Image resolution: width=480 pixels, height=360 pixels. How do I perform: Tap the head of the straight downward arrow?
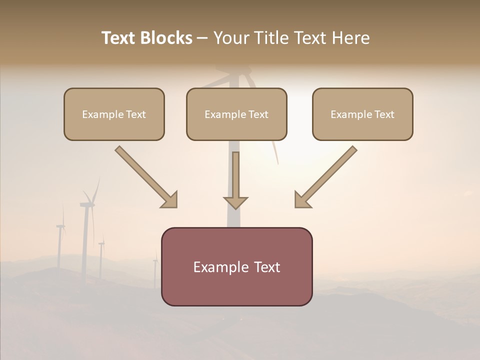pos(235,202)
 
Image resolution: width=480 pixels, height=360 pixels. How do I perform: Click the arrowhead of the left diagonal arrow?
pos(170,200)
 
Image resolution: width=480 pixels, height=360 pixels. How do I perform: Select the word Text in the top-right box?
pos(384,114)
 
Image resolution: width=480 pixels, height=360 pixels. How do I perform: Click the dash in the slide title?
pos(202,38)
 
